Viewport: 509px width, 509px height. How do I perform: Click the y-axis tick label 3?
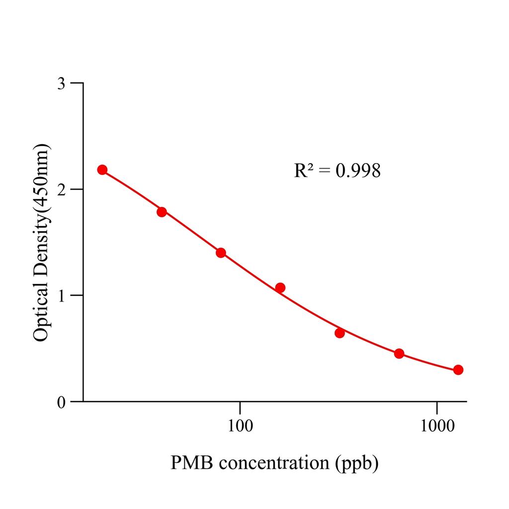click(x=61, y=83)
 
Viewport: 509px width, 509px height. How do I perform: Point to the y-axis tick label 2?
click(x=61, y=189)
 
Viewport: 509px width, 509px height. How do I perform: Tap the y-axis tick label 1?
click(x=61, y=295)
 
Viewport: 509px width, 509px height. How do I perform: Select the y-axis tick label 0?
click(x=61, y=402)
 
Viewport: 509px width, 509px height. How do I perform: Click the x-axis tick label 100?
click(x=240, y=426)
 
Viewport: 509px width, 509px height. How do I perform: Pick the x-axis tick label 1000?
click(x=437, y=426)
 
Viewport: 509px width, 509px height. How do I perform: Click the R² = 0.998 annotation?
click(x=338, y=171)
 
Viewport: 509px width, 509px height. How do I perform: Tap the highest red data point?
click(x=102, y=170)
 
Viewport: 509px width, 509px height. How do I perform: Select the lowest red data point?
click(x=458, y=370)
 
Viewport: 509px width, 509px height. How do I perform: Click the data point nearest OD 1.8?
click(x=162, y=212)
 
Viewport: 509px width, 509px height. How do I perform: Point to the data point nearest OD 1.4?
click(x=221, y=253)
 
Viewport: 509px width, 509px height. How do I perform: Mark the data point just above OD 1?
click(x=280, y=287)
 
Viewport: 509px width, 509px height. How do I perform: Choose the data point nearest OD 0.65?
click(x=339, y=333)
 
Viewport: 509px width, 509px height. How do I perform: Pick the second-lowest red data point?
click(x=399, y=353)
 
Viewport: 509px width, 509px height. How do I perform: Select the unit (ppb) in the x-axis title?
click(x=354, y=463)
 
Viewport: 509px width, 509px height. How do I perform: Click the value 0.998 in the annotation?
click(x=358, y=171)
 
